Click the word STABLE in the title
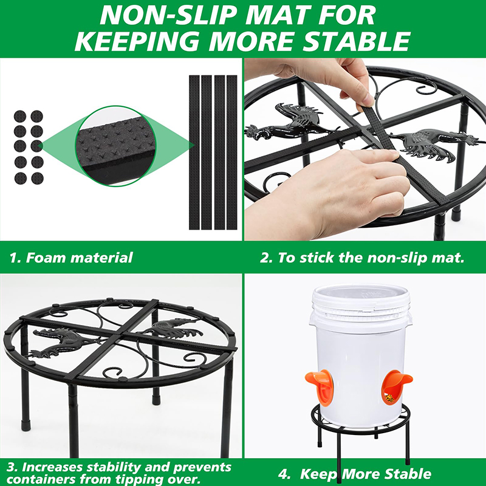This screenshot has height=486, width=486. [355, 41]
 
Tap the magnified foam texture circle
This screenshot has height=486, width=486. [115, 146]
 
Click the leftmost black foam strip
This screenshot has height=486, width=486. [194, 152]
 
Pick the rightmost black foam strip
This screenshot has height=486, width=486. [232, 152]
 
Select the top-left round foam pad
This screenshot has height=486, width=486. [20, 117]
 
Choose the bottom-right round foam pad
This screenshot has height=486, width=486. [37, 178]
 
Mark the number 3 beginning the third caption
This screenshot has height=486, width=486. [12, 467]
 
